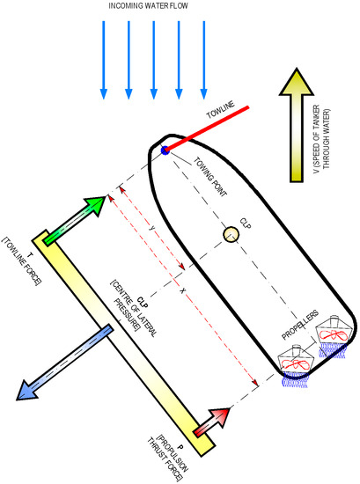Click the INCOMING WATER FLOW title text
point(148,6)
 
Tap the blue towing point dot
point(165,150)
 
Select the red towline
point(207,128)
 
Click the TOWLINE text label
point(220,109)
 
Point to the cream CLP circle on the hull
point(231,235)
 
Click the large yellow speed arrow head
point(297,82)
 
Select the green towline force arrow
point(75,219)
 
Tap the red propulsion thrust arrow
point(212,422)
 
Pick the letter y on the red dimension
point(151,229)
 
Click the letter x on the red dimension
point(183,290)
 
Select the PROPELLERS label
point(300,325)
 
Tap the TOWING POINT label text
point(210,177)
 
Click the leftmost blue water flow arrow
point(104,60)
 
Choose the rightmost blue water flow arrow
point(203,60)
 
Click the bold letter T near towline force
point(30,255)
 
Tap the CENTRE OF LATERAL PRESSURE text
point(134,306)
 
